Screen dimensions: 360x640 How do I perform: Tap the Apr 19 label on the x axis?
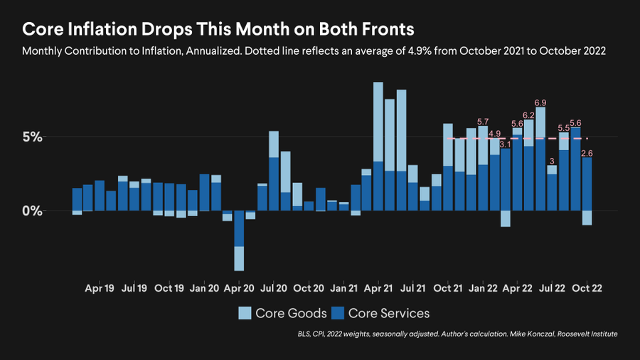point(100,289)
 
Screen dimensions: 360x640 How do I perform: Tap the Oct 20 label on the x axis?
point(309,289)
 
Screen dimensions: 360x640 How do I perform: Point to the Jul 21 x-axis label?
point(412,289)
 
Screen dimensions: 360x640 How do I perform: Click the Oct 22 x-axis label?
point(587,289)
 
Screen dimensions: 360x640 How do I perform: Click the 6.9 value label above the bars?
point(540,102)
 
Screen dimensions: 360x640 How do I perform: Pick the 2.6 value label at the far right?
point(587,152)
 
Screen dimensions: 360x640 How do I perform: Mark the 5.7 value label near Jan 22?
point(483,122)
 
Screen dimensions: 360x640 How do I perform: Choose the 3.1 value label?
point(506,144)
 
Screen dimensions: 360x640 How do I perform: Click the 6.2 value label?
point(528,115)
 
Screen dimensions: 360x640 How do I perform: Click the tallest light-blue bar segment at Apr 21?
point(378,122)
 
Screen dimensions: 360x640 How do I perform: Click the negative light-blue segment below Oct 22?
point(587,218)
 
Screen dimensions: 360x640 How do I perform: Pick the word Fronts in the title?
point(387,30)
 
